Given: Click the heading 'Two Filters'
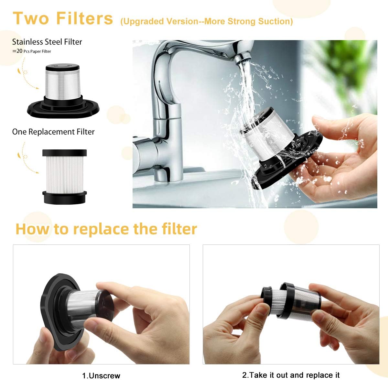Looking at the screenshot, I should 63,18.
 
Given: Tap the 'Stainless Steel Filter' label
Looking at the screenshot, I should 47,42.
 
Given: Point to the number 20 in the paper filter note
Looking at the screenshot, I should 19,51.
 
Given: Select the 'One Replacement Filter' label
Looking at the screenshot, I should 53,132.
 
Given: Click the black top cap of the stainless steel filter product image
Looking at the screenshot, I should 62,68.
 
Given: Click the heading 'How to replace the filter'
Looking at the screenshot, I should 106,229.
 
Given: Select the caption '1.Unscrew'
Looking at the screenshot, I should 101,375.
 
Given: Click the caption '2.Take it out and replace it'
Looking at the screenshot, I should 291,375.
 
